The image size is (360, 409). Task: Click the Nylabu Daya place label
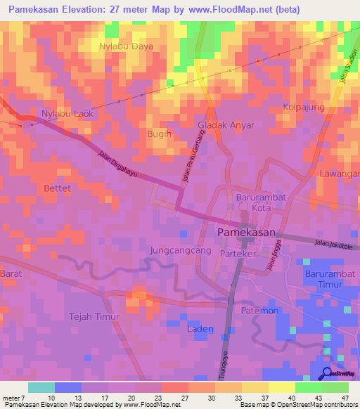point(126,46)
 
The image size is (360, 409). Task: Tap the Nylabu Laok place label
point(68,113)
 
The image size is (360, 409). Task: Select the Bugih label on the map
point(159,133)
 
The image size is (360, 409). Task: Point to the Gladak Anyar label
point(226,124)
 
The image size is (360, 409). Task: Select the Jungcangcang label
point(181,250)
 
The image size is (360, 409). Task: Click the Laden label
point(200,328)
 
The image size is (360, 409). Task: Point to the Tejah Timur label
point(94,317)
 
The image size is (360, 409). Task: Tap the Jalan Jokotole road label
point(333,244)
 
